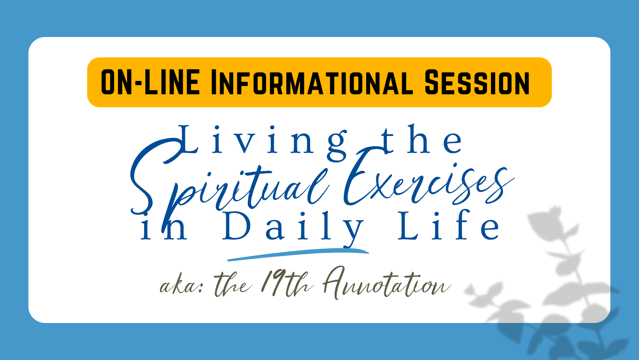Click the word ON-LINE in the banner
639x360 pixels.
tap(150, 82)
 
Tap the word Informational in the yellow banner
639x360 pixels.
tap(312, 82)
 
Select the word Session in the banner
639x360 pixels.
tap(477, 82)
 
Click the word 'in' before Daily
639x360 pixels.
tap(164, 228)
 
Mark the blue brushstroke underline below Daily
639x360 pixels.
tap(298, 254)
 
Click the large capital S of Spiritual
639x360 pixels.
tap(155, 177)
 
